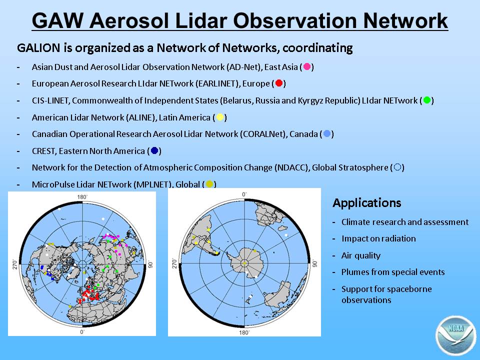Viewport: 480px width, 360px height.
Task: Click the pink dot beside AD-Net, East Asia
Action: [x=306, y=66]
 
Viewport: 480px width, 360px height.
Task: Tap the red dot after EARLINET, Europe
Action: [x=279, y=83]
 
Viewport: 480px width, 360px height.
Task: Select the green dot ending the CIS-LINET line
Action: [x=426, y=100]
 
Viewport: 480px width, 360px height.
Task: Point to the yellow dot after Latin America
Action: [x=220, y=117]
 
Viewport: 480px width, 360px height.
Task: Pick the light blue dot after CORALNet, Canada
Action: [x=327, y=134]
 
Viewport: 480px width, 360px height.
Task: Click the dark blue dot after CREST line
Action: [x=154, y=150]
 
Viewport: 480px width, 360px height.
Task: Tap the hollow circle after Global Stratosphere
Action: [x=397, y=167]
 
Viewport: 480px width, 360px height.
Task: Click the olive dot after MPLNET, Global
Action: [x=209, y=184]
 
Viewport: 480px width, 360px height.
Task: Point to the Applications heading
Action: [x=366, y=202]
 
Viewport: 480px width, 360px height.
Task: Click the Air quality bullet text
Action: [x=361, y=255]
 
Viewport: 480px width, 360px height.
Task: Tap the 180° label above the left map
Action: [x=82, y=197]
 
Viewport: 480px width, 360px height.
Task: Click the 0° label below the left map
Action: [x=82, y=332]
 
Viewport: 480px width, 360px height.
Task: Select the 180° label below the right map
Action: [x=244, y=332]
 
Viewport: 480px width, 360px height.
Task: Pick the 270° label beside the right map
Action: [x=174, y=264]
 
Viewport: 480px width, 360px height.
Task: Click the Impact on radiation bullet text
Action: [x=378, y=238]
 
